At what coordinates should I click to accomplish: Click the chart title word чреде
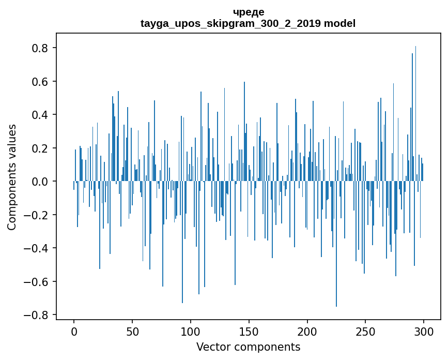248,12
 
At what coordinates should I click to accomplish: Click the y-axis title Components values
12,177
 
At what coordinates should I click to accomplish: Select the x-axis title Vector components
248,347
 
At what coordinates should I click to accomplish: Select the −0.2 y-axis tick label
37,215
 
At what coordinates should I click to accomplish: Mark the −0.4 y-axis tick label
37,248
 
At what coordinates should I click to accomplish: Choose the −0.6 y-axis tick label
37,282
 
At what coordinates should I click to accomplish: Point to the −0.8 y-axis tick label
37,315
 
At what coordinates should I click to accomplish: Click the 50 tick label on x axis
132,331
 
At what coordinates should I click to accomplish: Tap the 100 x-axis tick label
191,331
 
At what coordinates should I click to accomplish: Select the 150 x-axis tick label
249,331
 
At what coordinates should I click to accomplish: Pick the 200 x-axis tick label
307,331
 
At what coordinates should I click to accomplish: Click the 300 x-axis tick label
424,331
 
